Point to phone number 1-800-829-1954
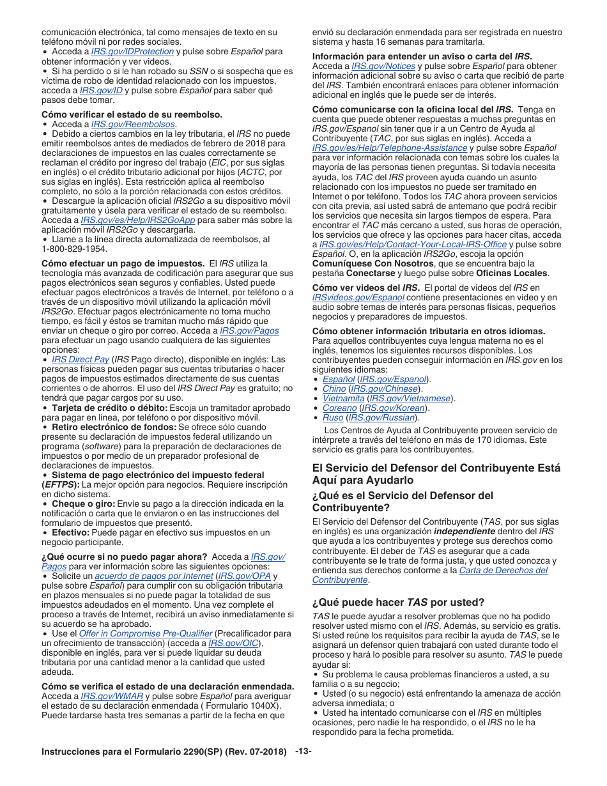click(75, 249)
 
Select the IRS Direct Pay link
click(81, 359)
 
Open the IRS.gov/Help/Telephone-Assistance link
click(389, 148)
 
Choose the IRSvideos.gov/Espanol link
click(358, 297)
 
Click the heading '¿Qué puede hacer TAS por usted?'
click(398, 602)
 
